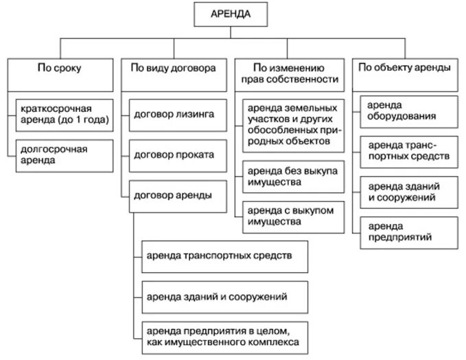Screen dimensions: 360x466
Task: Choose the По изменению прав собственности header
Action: click(x=289, y=74)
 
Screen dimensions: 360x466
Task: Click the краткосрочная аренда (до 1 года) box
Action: click(x=66, y=115)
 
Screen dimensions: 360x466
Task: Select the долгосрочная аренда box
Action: click(x=66, y=154)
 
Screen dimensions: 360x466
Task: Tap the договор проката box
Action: click(x=176, y=155)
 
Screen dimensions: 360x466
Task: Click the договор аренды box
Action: click(x=176, y=195)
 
